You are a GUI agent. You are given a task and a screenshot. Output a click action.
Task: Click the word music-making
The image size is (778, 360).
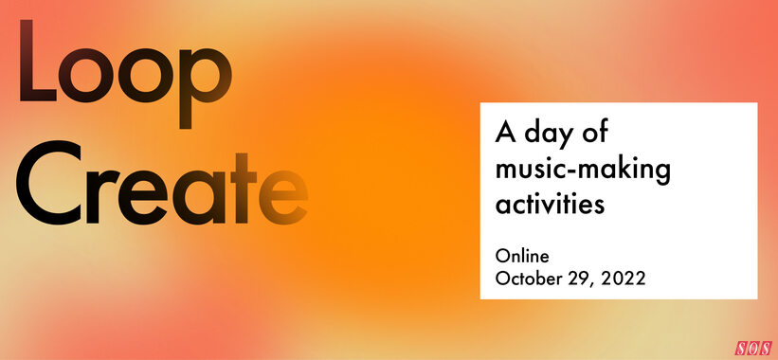583,171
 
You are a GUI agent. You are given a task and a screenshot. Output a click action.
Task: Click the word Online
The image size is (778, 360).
522,255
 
